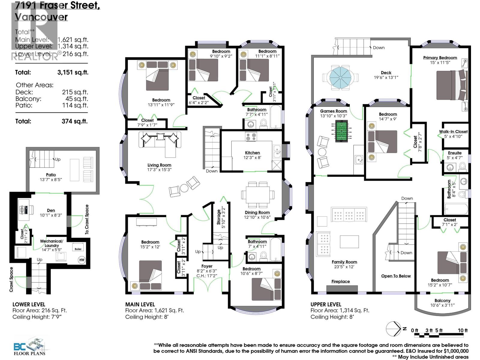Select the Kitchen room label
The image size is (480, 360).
tap(252, 153)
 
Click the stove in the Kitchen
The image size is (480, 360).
tap(251, 136)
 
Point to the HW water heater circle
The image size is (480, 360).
tap(82, 260)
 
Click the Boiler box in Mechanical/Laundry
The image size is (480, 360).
tap(78, 248)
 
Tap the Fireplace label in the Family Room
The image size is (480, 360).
tap(340, 281)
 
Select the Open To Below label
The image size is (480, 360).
tap(396, 276)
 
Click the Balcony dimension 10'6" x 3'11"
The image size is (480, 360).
tap(442, 305)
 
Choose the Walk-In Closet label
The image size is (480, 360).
tap(453, 131)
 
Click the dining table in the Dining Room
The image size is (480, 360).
tap(258, 194)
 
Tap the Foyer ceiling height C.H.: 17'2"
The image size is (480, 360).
tap(207, 275)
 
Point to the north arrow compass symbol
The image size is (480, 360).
tap(393, 329)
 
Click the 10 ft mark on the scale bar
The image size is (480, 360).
tap(462, 331)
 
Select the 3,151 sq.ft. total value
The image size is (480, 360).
tap(73, 72)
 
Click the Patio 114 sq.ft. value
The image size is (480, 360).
tap(75, 105)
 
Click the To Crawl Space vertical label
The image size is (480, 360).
tap(87, 219)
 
